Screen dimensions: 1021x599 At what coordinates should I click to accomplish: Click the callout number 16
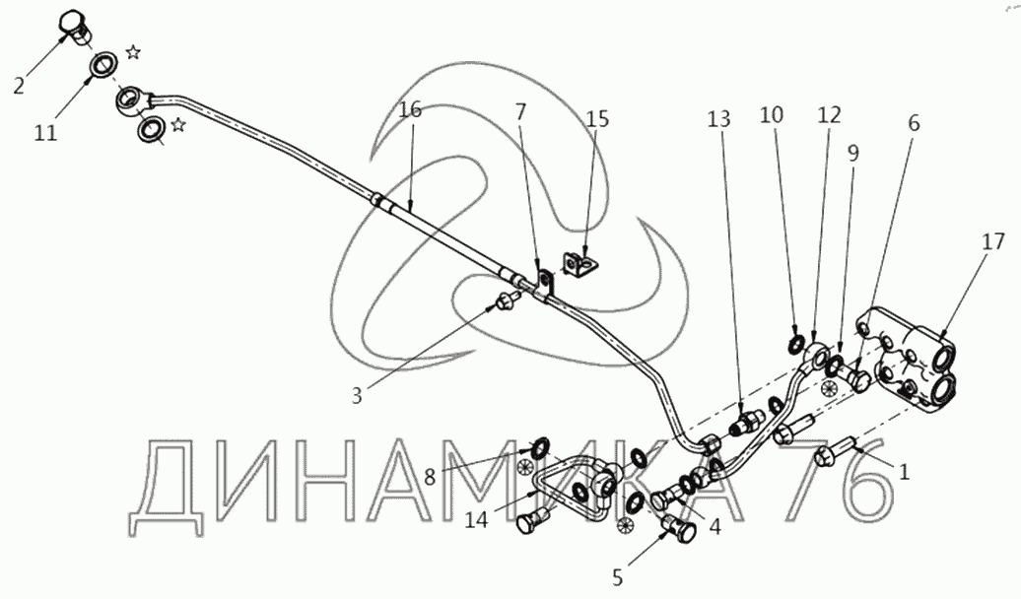(x=410, y=109)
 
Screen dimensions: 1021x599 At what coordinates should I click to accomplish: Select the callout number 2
(x=19, y=85)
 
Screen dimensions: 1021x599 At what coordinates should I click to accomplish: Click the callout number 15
(x=597, y=119)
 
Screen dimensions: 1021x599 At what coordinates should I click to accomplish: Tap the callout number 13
(x=719, y=119)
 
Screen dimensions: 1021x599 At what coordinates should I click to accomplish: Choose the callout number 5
(x=618, y=576)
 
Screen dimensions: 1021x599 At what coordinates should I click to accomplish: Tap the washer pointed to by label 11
(x=102, y=68)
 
